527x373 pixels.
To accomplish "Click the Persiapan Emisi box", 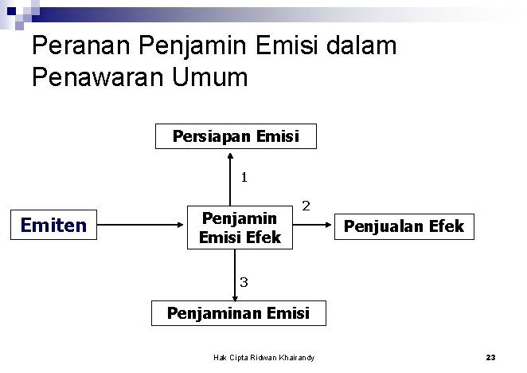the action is tap(236, 136).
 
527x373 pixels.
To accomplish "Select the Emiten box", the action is tap(53, 226).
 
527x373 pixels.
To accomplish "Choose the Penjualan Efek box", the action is tap(404, 226).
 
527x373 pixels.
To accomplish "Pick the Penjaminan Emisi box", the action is tap(238, 312).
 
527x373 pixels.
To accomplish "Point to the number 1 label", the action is tap(244, 178).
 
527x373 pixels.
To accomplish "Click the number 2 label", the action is tap(306, 206).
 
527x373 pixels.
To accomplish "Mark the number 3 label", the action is tap(244, 281).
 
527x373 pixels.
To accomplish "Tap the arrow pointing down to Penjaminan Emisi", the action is tap(234, 275).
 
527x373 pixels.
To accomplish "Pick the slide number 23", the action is tap(490, 358).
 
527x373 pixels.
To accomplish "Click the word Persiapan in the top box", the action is tap(212, 136).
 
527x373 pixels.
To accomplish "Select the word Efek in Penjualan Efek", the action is tap(444, 226).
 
